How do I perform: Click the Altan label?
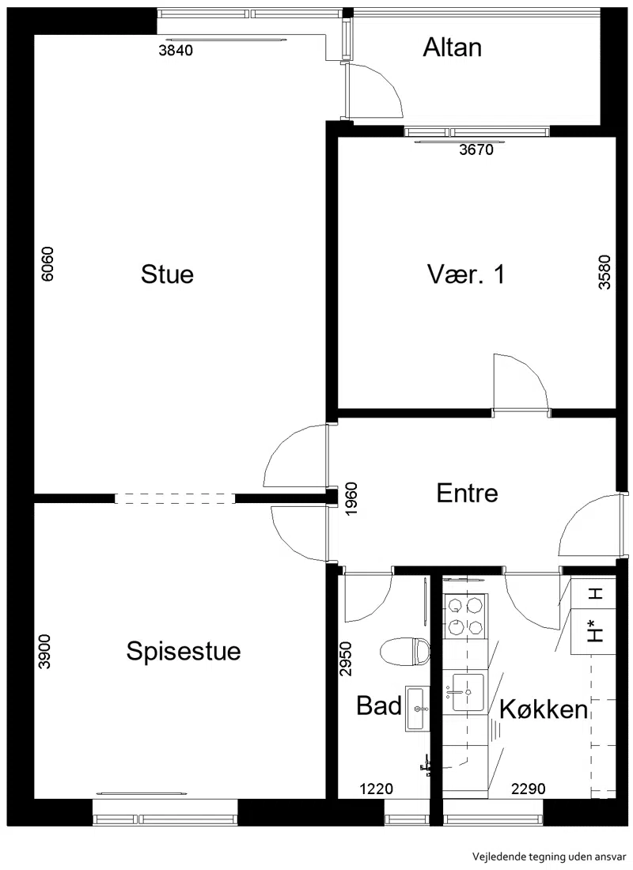(452, 47)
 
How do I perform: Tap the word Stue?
(167, 274)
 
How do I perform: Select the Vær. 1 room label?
(466, 274)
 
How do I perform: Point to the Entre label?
(467, 493)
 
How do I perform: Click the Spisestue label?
(184, 651)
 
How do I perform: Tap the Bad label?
(379, 705)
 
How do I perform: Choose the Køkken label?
(544, 709)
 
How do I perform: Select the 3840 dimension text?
(176, 51)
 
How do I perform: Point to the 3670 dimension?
(476, 149)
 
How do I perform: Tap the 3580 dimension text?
(605, 272)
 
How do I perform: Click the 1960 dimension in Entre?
(351, 499)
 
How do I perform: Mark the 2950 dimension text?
(346, 659)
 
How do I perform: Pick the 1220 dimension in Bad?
(376, 788)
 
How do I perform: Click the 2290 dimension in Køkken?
(528, 788)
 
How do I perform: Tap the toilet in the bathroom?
(406, 651)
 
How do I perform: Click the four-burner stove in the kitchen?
(465, 615)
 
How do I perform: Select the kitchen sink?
(468, 692)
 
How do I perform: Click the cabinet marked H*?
(593, 631)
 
